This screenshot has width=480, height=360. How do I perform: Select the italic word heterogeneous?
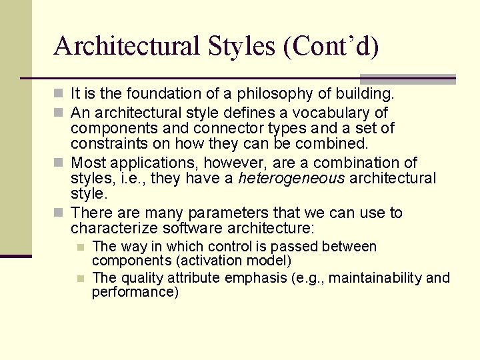coord(291,178)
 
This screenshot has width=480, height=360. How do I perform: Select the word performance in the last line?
coord(135,292)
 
